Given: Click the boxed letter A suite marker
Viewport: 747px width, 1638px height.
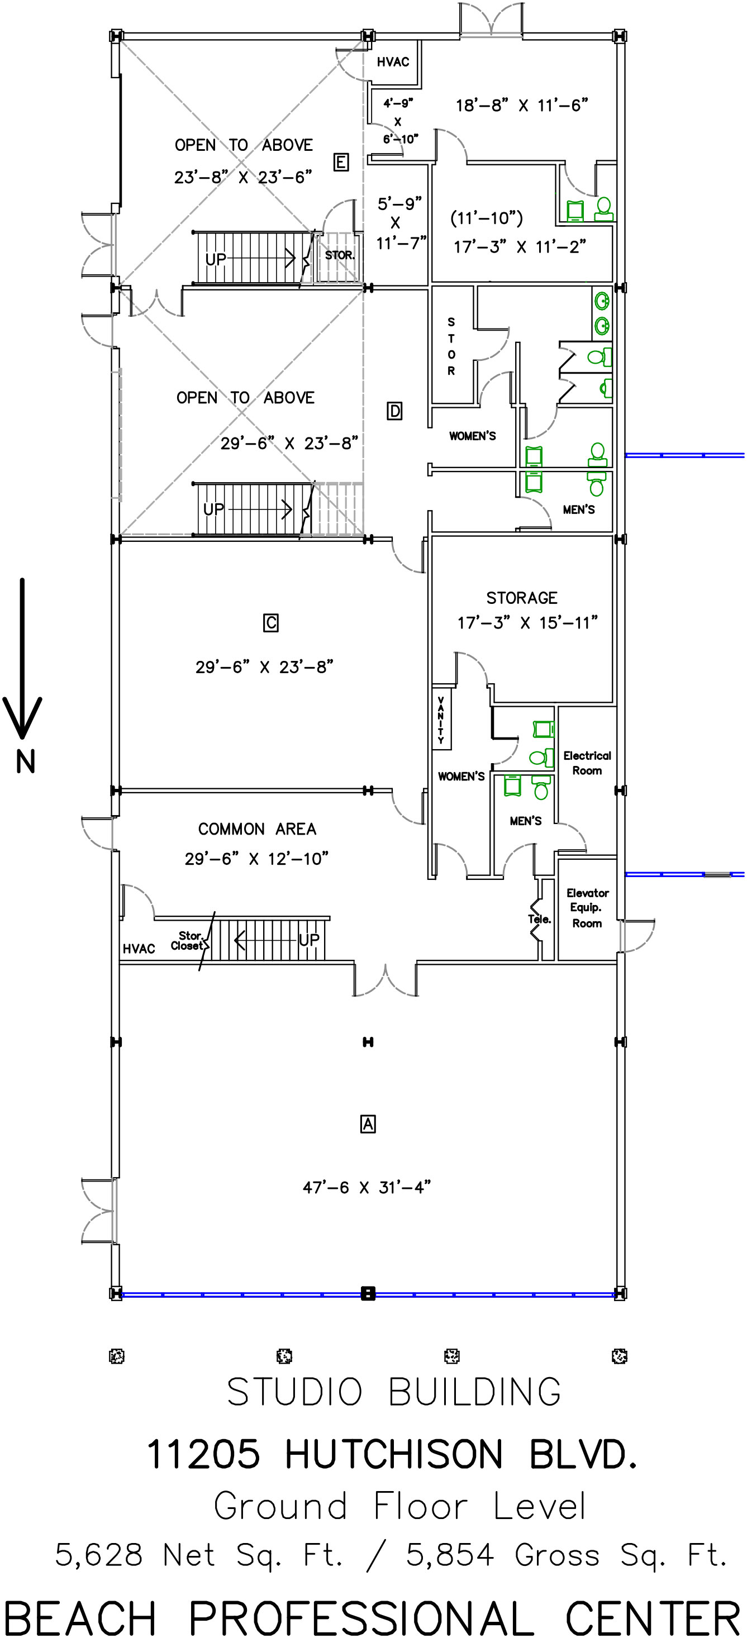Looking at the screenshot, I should [368, 1124].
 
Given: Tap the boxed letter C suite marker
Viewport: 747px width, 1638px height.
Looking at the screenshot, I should [271, 622].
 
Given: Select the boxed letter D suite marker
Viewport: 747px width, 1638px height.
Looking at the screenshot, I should [394, 411].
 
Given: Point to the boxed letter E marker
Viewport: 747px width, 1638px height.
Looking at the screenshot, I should [341, 162].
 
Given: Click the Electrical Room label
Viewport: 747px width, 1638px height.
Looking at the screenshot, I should [587, 763].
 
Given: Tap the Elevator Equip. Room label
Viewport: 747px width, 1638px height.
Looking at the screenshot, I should [587, 908].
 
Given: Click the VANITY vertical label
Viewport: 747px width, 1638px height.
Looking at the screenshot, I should [441, 719].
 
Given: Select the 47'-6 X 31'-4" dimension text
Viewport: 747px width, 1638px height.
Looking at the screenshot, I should [367, 1187].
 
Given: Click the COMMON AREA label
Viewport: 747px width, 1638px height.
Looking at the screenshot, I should [257, 829].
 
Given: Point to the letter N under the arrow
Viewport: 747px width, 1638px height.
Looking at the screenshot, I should [26, 761].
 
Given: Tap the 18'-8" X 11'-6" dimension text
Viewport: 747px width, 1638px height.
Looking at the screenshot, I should [521, 106].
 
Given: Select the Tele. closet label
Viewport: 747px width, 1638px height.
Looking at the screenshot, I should [539, 919].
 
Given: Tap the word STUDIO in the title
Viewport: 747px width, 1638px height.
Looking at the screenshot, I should [294, 1392].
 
